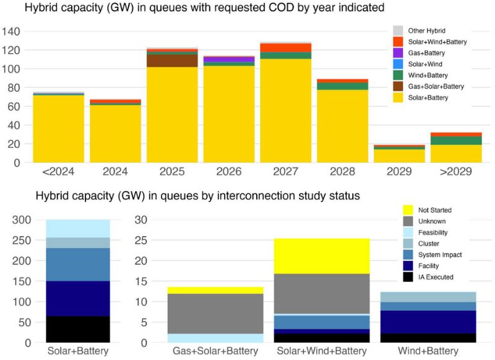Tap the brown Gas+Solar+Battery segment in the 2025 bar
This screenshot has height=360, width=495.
click(172, 61)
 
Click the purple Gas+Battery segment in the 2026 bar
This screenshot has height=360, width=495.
click(229, 59)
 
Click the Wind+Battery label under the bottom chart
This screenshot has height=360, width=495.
click(428, 351)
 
